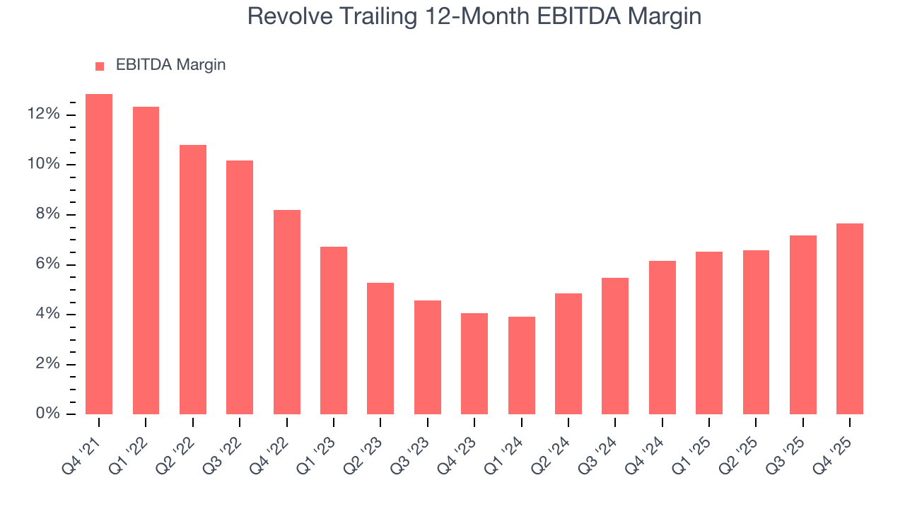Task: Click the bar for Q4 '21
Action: pyautogui.click(x=99, y=255)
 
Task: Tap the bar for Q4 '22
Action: pyautogui.click(x=286, y=312)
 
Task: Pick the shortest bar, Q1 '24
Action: pyautogui.click(x=521, y=365)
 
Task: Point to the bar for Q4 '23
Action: pyautogui.click(x=474, y=363)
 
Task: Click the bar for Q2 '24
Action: pyautogui.click(x=568, y=353)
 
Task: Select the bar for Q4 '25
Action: pyautogui.click(x=849, y=319)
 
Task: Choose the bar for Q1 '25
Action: pyautogui.click(x=708, y=333)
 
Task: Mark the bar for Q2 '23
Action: pyautogui.click(x=380, y=349)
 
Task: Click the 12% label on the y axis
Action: pyautogui.click(x=43, y=115)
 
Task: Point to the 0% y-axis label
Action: pyautogui.click(x=47, y=414)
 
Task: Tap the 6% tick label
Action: pyautogui.click(x=47, y=264)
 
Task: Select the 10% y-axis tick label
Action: pyautogui.click(x=43, y=165)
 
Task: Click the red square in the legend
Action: pyautogui.click(x=100, y=66)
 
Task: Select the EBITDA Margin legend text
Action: pyautogui.click(x=170, y=65)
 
